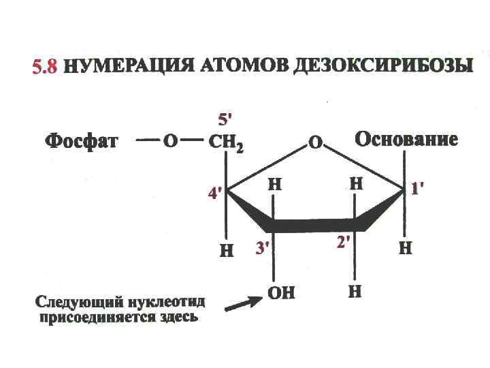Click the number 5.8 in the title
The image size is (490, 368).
(x=46, y=67)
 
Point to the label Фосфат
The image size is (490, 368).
(x=82, y=142)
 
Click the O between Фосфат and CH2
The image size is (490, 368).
(x=169, y=142)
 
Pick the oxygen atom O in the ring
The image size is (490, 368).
(x=315, y=143)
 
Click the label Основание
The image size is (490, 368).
(x=406, y=140)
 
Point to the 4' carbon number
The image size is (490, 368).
(x=215, y=194)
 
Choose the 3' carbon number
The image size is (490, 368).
(x=263, y=249)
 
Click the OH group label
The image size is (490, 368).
(x=281, y=293)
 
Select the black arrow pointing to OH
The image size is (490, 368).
(x=242, y=302)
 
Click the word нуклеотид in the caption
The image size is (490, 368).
(x=169, y=302)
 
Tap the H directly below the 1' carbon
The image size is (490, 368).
(x=404, y=248)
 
